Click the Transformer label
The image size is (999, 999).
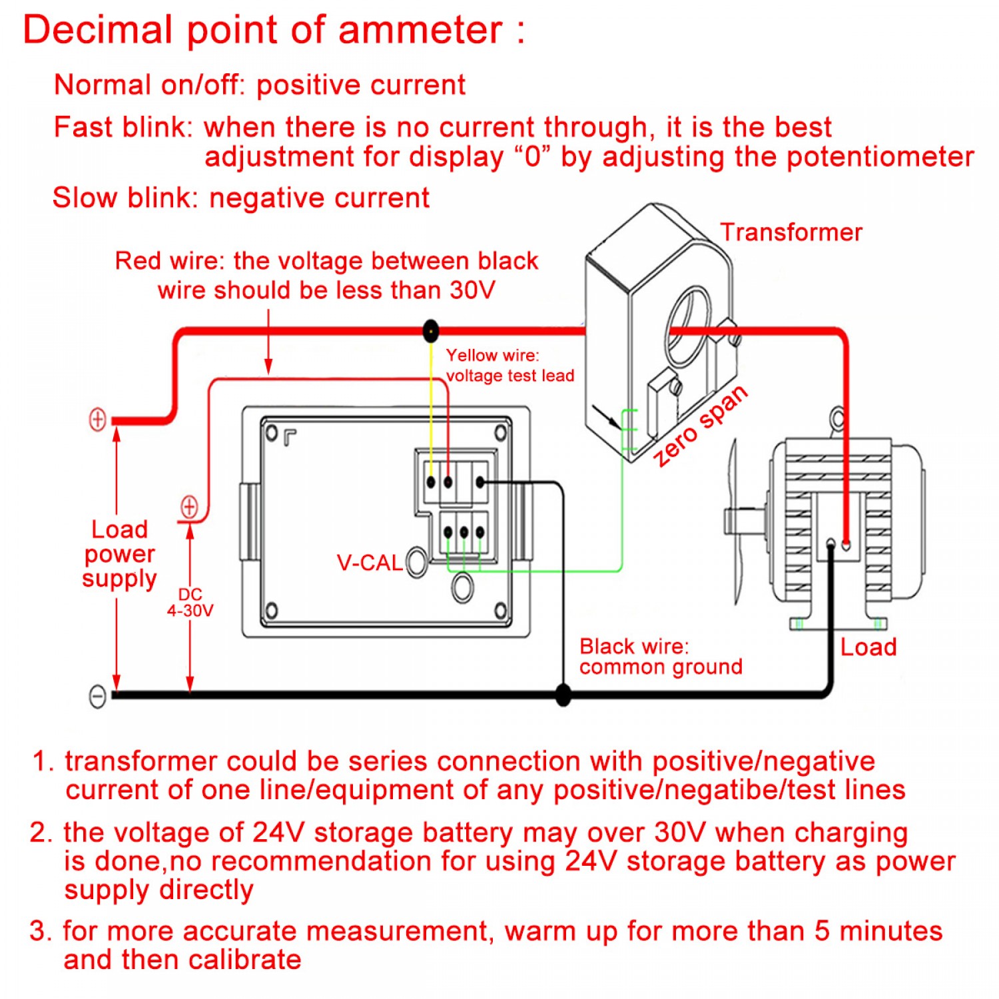[x=791, y=232]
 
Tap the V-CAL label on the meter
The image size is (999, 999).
[x=369, y=563]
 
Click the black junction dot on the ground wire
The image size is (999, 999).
[x=563, y=695]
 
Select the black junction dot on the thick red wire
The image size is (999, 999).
[x=431, y=330]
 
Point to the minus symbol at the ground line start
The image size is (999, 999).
[x=97, y=696]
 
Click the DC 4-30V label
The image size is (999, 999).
[x=190, y=603]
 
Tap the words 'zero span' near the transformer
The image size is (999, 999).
[x=699, y=426]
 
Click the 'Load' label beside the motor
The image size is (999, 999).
[x=868, y=647]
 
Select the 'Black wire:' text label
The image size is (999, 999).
[x=634, y=646]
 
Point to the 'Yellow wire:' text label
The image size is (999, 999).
[x=492, y=356]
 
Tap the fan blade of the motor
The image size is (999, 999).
[x=735, y=519]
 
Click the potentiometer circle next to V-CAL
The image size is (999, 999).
[x=417, y=562]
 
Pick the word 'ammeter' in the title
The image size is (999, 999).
[x=420, y=31]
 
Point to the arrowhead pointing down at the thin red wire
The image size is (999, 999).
[x=268, y=367]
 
